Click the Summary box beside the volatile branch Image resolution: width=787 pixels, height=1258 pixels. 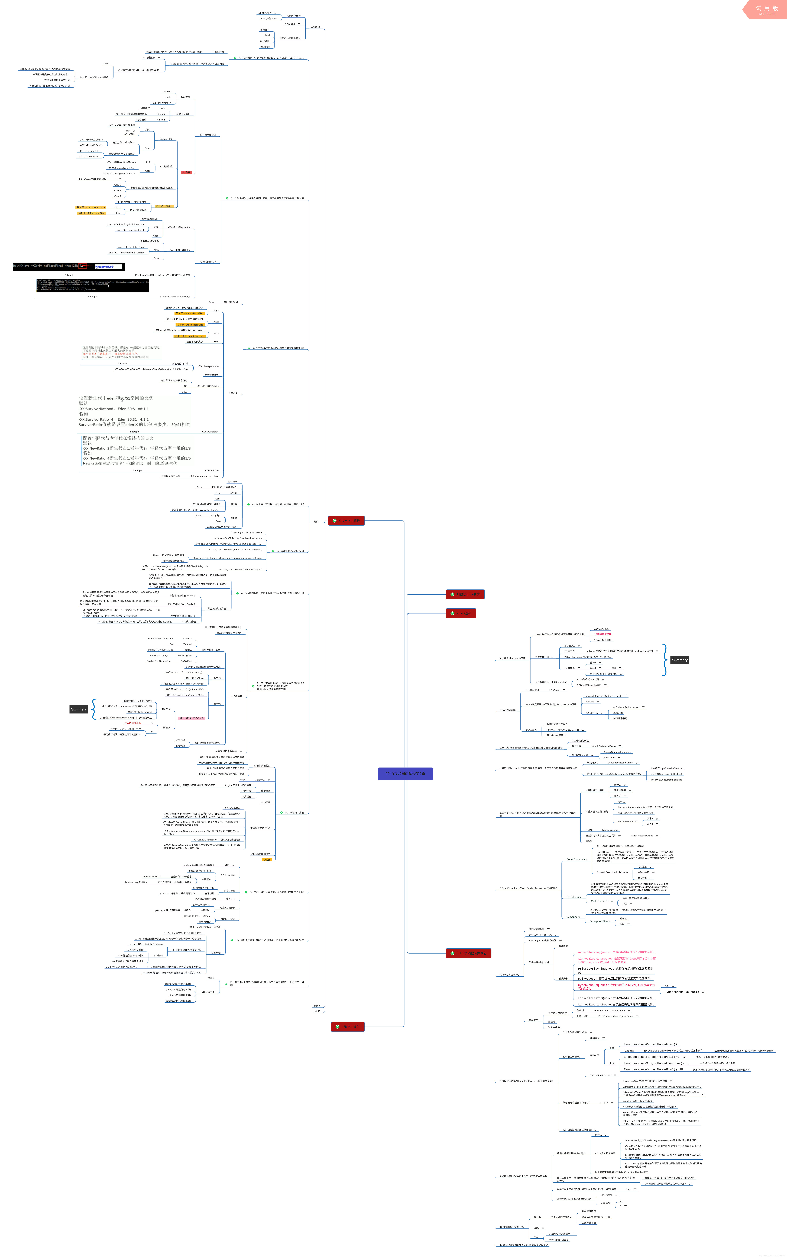679,660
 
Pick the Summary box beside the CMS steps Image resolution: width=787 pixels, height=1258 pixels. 79,709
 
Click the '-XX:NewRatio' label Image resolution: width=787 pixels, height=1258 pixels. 211,470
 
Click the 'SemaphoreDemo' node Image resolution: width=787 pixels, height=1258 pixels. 600,921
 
